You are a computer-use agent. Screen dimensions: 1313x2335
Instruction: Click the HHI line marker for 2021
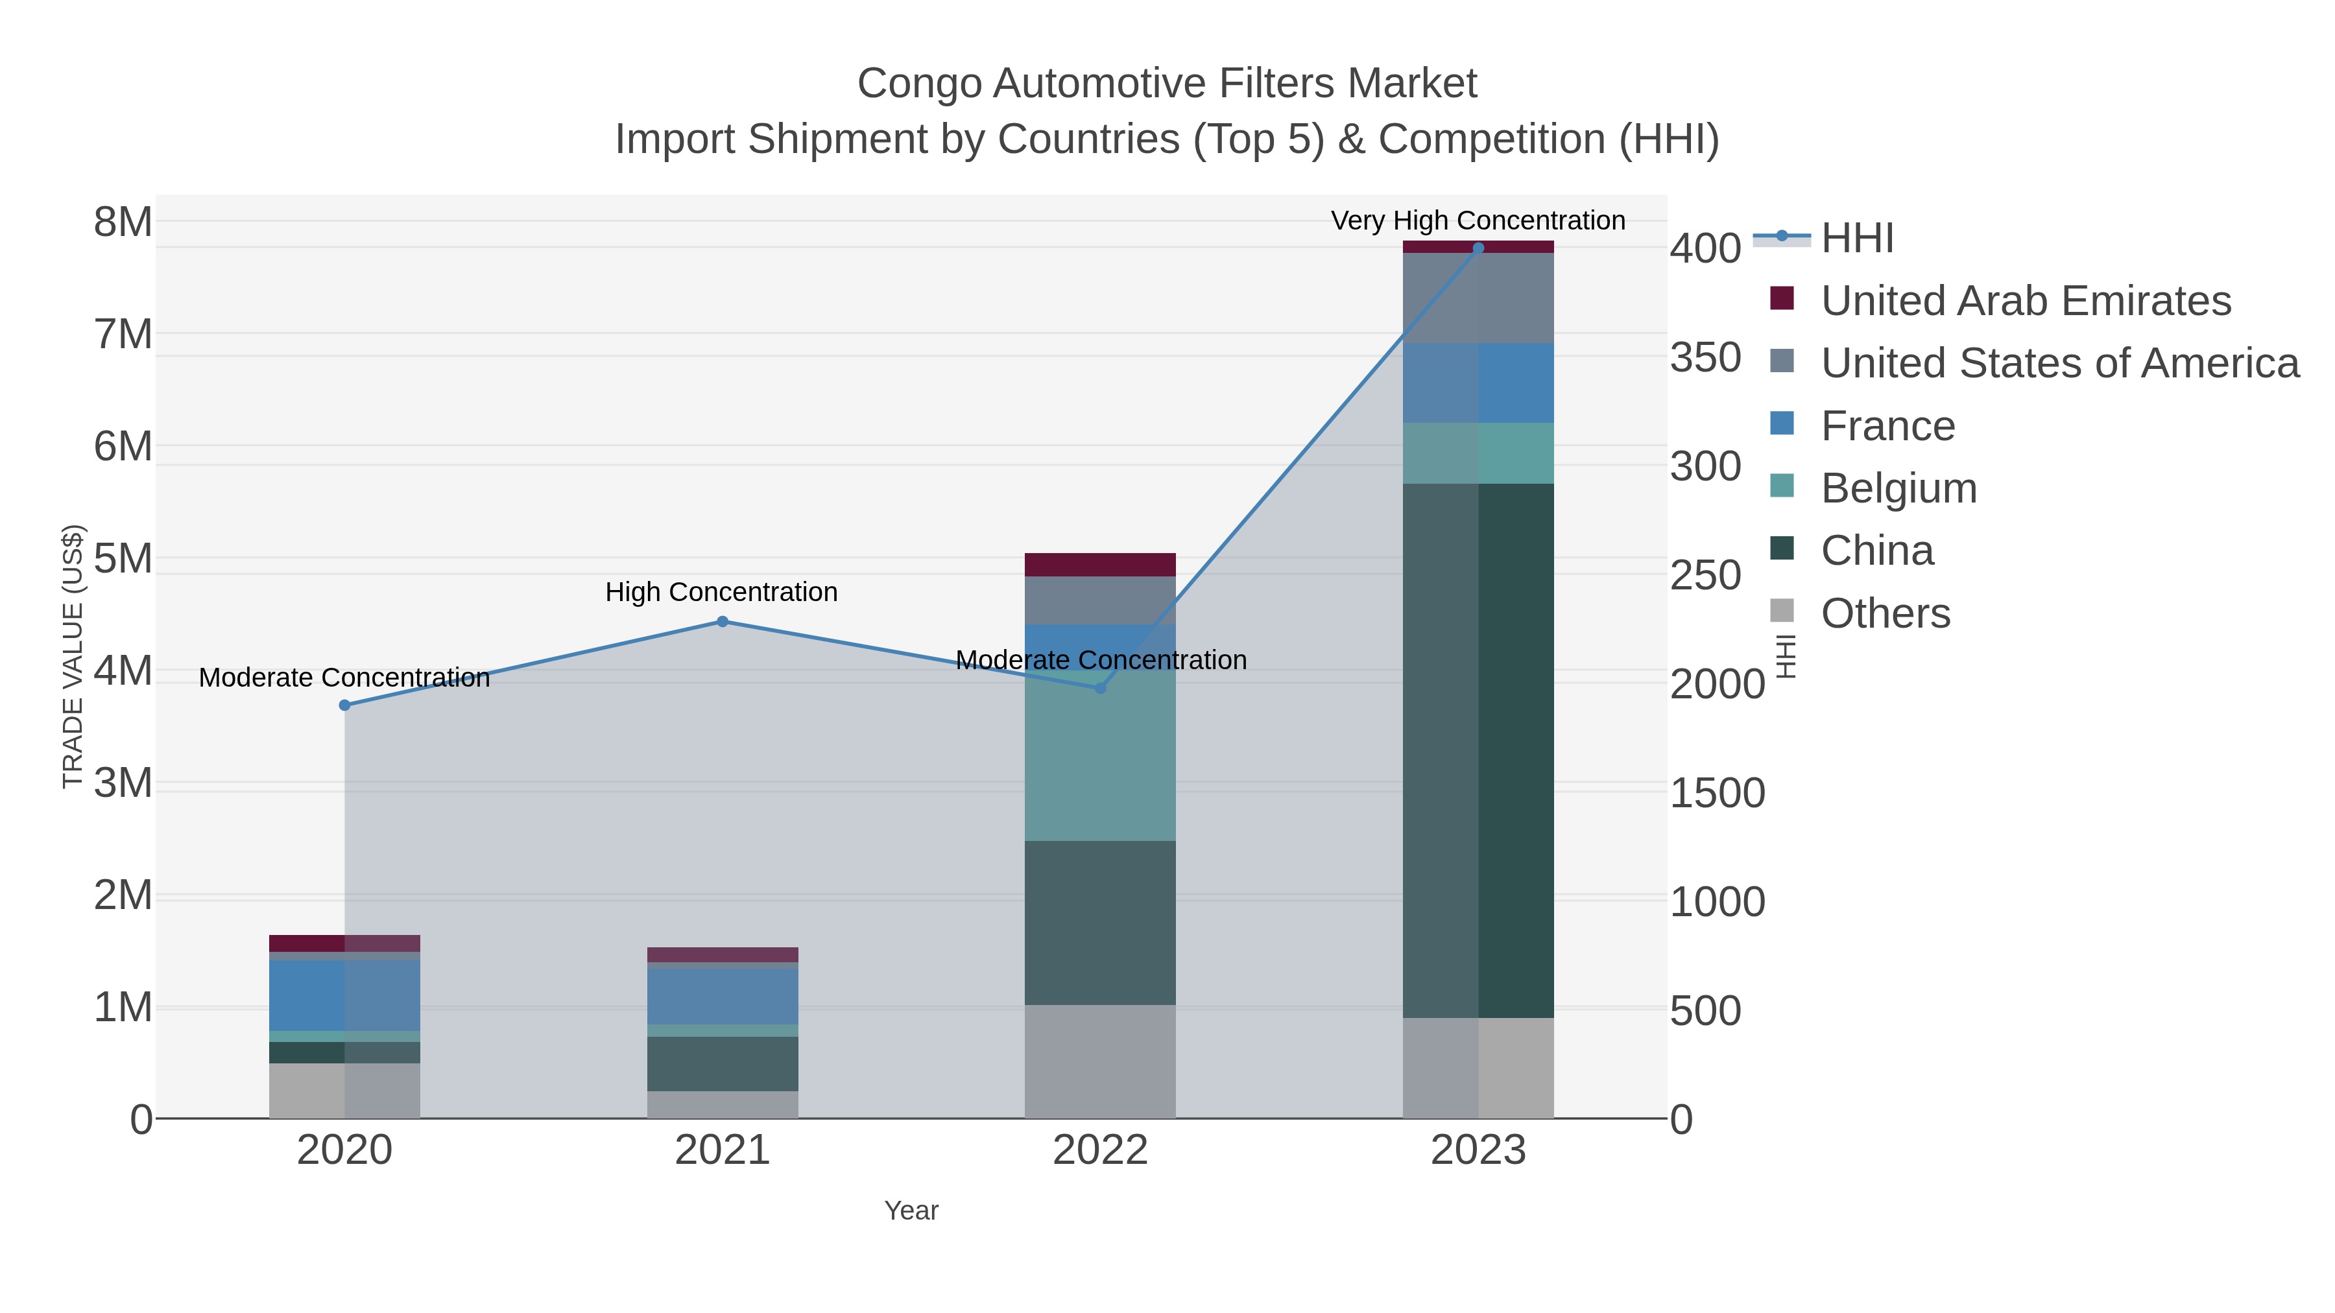[x=723, y=622]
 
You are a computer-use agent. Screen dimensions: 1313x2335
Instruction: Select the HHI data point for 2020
[x=344, y=705]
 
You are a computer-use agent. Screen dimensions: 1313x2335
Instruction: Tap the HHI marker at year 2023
[x=1478, y=248]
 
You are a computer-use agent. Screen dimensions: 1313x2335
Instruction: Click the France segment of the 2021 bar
[x=723, y=997]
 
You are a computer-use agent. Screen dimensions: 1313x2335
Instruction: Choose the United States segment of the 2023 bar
[x=1478, y=298]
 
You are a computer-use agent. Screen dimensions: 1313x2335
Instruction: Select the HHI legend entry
[x=1856, y=239]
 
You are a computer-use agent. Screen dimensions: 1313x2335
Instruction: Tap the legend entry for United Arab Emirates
[x=2025, y=301]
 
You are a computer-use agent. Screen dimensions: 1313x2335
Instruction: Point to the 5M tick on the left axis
[x=123, y=559]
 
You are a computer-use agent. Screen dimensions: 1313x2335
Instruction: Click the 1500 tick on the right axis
[x=1717, y=794]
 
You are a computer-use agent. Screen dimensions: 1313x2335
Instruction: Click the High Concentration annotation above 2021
[x=721, y=592]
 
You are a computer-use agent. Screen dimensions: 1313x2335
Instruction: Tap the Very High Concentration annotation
[x=1478, y=220]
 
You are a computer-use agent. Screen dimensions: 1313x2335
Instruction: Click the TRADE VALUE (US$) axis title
[x=73, y=656]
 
